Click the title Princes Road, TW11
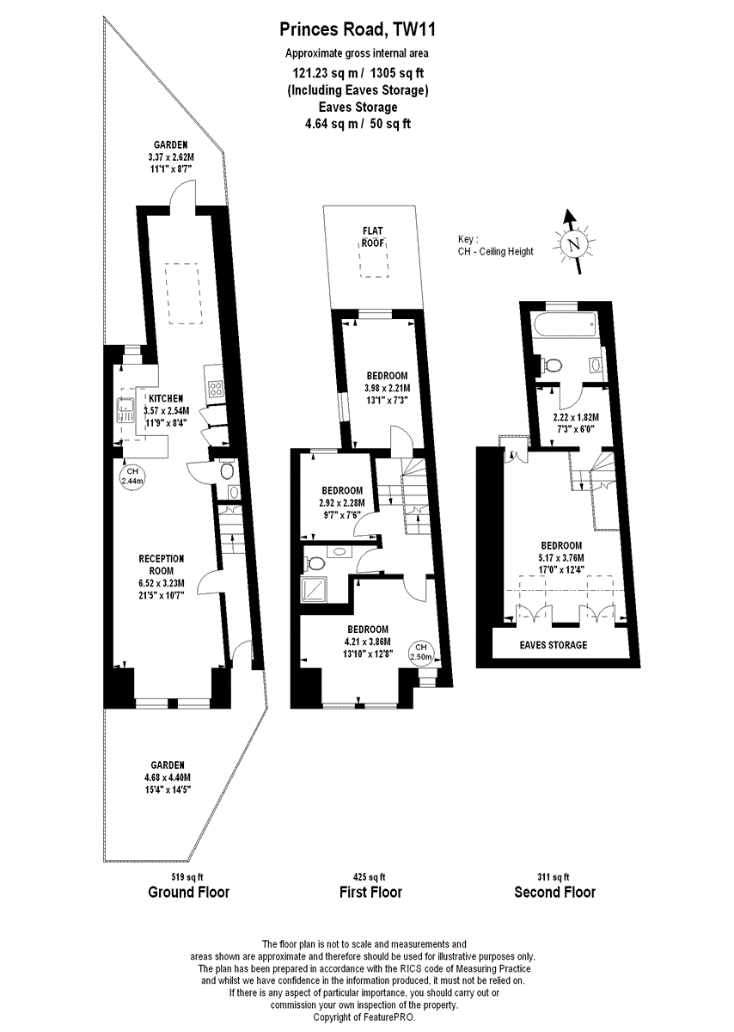358,31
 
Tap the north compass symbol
572,244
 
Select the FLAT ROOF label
372,236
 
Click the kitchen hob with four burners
214,388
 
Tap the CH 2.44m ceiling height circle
132,476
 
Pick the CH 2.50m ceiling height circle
421,651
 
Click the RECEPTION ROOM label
156,564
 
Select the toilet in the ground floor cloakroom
226,470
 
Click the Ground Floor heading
188,892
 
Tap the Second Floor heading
554,892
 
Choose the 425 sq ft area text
370,876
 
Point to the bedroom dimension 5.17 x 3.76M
560,557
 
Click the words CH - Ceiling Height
495,251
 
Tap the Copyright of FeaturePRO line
364,1017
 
